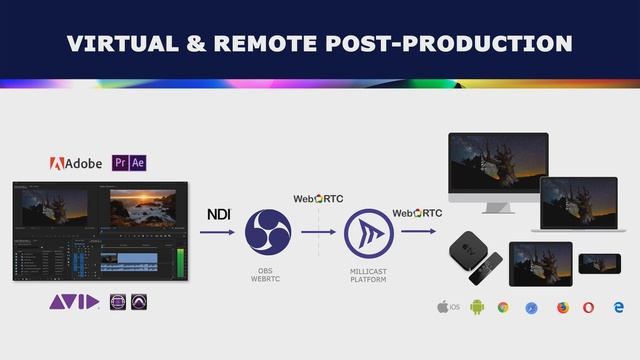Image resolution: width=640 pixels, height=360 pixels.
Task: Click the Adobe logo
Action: coord(76,163)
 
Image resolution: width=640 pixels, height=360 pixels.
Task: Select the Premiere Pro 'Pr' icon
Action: coord(120,162)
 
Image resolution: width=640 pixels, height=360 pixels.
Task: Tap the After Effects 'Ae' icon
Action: coord(138,162)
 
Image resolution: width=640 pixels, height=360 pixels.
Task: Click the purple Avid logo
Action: coord(74,302)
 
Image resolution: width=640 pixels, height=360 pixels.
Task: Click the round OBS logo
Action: coord(267,232)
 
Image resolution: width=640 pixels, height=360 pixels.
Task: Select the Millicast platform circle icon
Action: coord(367,232)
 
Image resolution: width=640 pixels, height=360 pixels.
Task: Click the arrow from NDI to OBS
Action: coord(217,232)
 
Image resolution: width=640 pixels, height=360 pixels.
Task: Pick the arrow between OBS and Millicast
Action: coord(318,232)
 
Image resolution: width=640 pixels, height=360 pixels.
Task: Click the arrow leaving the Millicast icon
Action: coord(418,232)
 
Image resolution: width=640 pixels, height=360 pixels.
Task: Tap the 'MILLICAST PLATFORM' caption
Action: coord(367,275)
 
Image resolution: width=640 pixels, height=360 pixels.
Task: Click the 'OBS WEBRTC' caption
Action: coord(266,275)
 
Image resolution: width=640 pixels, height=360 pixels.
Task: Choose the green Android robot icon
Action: coord(477,307)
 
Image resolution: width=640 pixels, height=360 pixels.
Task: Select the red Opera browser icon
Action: coord(588,307)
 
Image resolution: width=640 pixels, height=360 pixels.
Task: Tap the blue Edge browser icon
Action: coord(617,307)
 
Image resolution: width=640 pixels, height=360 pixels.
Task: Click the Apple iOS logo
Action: coord(443,306)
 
